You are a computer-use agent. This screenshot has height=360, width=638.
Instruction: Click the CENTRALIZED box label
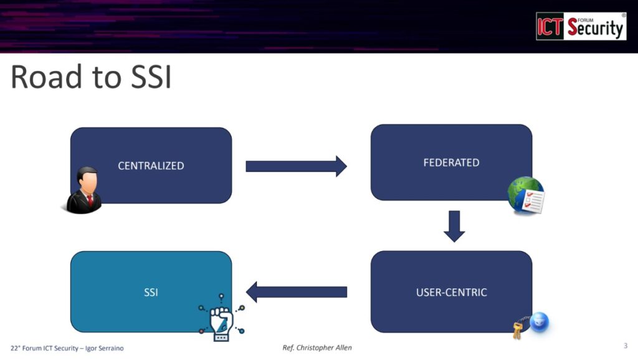[x=151, y=166]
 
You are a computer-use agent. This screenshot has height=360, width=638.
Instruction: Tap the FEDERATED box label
[x=451, y=163]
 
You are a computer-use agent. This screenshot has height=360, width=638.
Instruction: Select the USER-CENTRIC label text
[x=451, y=292]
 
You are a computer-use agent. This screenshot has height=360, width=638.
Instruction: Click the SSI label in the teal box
[x=151, y=292]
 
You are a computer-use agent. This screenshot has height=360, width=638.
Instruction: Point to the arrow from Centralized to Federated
[x=296, y=166]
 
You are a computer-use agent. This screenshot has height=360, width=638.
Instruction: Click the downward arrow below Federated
[x=454, y=226]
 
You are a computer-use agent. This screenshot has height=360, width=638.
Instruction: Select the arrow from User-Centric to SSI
[x=297, y=291]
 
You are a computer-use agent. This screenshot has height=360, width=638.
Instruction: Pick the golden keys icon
[x=517, y=330]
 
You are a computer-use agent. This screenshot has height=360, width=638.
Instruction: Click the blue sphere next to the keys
[x=539, y=322]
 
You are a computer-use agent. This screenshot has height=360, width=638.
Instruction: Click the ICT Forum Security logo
[x=581, y=26]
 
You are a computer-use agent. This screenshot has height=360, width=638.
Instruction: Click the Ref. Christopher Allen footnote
[x=317, y=348]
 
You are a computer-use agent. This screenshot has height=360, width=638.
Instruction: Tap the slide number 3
[x=625, y=345]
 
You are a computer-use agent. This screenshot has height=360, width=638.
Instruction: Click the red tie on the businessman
[x=90, y=200]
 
